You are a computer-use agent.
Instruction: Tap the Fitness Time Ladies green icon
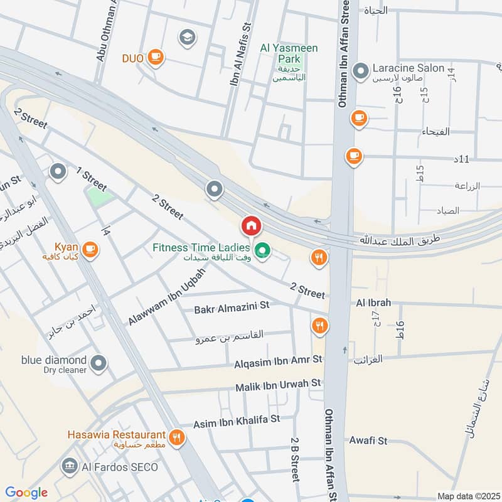[264, 253]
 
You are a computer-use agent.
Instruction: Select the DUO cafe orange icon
[155, 58]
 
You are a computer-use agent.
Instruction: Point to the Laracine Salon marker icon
[361, 71]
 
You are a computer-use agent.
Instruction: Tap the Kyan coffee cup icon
[90, 249]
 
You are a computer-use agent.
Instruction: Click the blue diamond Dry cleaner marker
[98, 362]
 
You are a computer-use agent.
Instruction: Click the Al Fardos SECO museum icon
[70, 466]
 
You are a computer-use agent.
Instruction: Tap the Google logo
[26, 493]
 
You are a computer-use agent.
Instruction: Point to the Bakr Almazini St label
[232, 306]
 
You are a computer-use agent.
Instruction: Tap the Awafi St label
[368, 441]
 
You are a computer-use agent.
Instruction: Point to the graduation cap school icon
[186, 38]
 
